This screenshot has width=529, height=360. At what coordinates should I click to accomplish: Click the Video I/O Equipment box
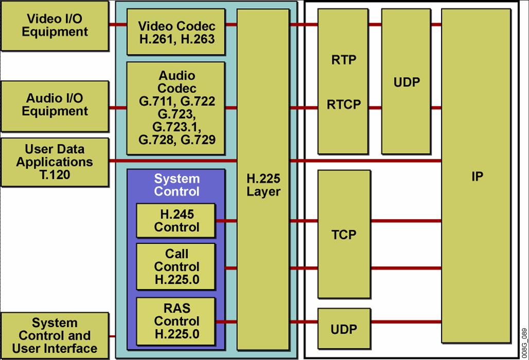point(55,25)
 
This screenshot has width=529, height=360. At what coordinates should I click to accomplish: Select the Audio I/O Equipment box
point(55,105)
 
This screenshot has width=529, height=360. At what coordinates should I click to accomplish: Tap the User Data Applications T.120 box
point(55,162)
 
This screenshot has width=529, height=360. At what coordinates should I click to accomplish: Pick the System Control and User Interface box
point(55,336)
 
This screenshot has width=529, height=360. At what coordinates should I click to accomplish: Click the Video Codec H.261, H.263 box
point(176,31)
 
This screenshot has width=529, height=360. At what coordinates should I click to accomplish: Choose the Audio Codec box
point(176,108)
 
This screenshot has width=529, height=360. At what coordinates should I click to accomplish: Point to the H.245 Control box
point(176,221)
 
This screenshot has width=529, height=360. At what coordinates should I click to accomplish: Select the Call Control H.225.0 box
point(176,267)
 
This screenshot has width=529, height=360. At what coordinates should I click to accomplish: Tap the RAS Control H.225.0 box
point(176,321)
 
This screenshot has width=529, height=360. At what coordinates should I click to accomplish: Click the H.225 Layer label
point(263,185)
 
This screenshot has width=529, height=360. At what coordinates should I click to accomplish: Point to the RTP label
point(344,60)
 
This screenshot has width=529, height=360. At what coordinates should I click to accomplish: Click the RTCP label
point(344,105)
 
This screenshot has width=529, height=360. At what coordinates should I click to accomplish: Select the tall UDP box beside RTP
point(406,82)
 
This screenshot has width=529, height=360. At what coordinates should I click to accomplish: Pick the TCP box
point(344,235)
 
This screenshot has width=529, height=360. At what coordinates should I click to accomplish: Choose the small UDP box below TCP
point(344,329)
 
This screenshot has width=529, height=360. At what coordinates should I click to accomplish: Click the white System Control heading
point(177,185)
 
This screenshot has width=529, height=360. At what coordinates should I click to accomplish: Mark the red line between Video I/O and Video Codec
point(117,25)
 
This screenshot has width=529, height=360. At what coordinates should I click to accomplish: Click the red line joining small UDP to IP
point(405,322)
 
